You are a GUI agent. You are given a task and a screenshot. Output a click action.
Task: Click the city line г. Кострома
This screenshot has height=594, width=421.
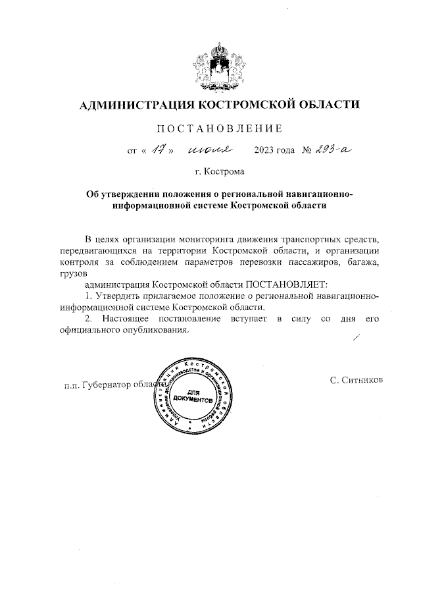(220, 173)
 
